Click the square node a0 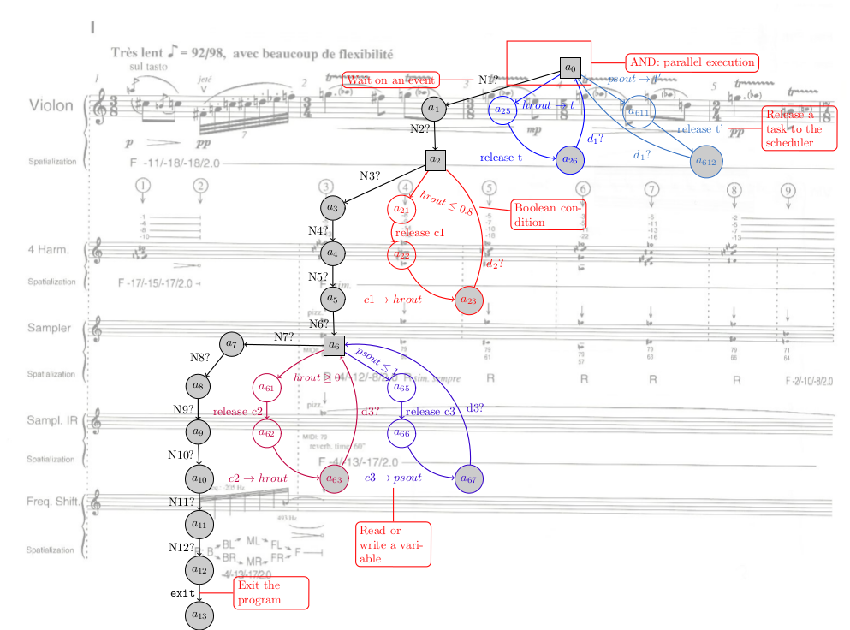point(571,67)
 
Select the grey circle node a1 point(434,108)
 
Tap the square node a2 point(436,159)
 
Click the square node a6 point(334,345)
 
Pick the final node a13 point(199,615)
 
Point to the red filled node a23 point(468,300)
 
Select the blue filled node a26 point(569,160)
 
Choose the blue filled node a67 point(469,478)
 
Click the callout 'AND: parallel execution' point(692,62)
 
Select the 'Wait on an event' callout point(391,80)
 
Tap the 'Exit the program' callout point(270,592)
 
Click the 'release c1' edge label point(420,233)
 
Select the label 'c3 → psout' point(393,478)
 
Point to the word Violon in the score point(51,106)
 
